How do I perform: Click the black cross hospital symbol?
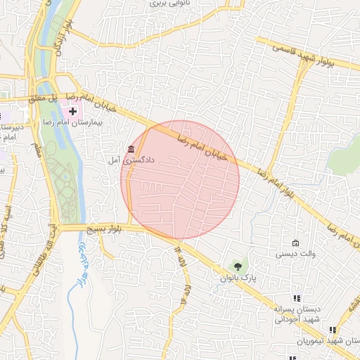[72, 111]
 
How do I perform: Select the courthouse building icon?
[131, 148]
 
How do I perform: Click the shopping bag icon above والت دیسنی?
[295, 243]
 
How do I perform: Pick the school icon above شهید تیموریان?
[333, 329]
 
